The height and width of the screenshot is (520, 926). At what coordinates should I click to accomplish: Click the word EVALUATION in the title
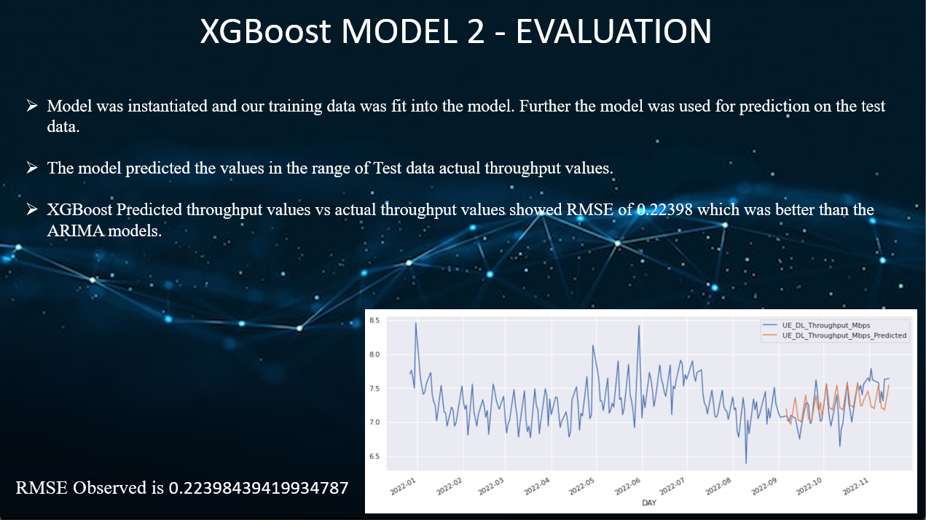pos(613,32)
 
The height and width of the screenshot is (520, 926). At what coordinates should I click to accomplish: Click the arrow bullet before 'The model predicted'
pos(31,168)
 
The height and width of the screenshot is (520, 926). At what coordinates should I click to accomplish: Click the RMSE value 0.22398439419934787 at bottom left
pos(259,488)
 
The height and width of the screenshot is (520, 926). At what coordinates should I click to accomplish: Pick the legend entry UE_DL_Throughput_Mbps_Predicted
pos(844,335)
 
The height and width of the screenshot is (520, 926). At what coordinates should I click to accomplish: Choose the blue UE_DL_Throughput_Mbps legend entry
pos(826,325)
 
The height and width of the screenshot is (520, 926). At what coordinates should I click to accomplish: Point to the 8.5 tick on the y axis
pos(375,321)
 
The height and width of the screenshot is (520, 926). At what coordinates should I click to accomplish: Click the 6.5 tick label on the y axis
pos(375,457)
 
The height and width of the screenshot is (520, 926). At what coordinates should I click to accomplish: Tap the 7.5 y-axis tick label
pos(375,389)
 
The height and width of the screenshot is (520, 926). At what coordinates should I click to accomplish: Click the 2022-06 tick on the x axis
pos(631,486)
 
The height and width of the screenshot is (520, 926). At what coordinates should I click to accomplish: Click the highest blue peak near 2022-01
pos(416,323)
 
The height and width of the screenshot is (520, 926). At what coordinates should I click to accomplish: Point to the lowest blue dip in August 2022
pos(746,463)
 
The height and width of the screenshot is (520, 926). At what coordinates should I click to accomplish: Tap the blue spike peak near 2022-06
pos(639,326)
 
